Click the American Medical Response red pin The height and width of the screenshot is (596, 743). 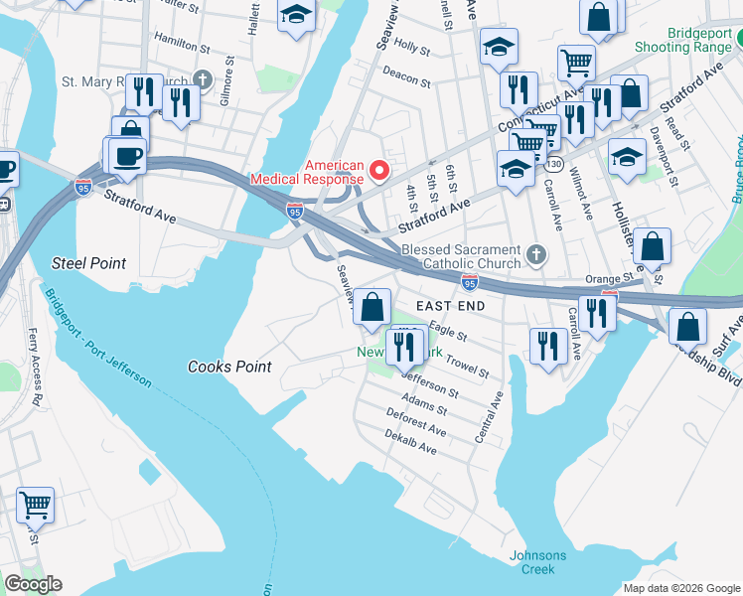[x=378, y=172]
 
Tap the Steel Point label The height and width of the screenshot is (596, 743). [x=89, y=263]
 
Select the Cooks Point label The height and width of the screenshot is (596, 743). [x=229, y=367]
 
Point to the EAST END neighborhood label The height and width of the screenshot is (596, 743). [x=450, y=306]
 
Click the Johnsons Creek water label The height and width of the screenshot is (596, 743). [x=537, y=562]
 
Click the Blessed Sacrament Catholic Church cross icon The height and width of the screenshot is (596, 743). [x=536, y=255]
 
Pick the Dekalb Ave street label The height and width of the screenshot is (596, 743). [x=411, y=443]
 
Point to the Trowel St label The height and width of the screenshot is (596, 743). [x=467, y=366]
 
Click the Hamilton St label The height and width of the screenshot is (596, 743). [x=183, y=46]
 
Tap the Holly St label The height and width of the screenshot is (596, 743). [x=411, y=46]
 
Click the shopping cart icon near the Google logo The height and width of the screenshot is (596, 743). [x=35, y=505]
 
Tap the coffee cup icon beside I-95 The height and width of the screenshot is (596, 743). [x=127, y=156]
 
